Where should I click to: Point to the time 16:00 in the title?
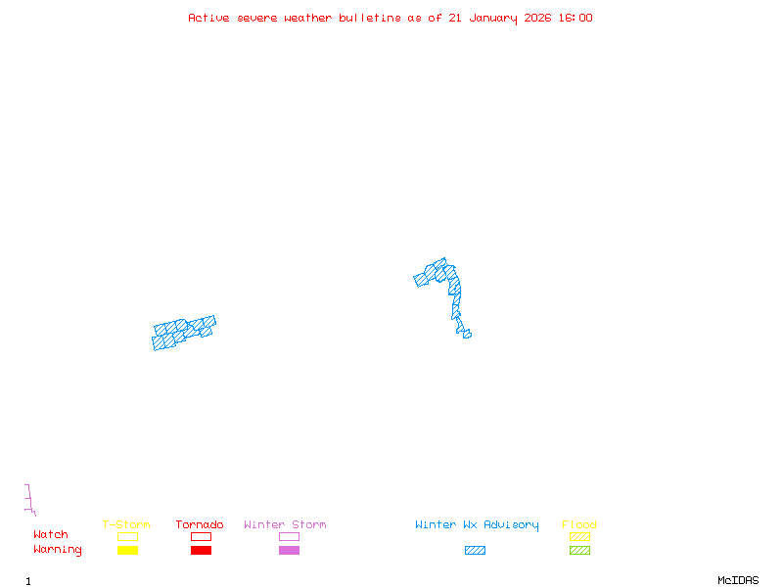[576, 18]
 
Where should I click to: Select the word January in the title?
[490, 18]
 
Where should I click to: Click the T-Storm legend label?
[126, 525]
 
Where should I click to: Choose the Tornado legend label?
[200, 525]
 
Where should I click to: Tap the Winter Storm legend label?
[285, 525]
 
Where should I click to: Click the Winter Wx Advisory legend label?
[477, 525]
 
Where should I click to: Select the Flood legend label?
[579, 525]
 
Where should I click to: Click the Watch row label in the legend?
[51, 535]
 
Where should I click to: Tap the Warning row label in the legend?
[58, 550]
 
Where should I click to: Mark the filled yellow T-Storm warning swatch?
[127, 551]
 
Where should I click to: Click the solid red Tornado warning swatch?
[201, 551]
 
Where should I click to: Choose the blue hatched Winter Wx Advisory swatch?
[475, 551]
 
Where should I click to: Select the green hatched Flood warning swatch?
[579, 551]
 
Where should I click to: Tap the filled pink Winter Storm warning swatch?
[289, 551]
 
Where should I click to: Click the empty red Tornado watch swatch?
[201, 536]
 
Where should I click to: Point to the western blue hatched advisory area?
[184, 333]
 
